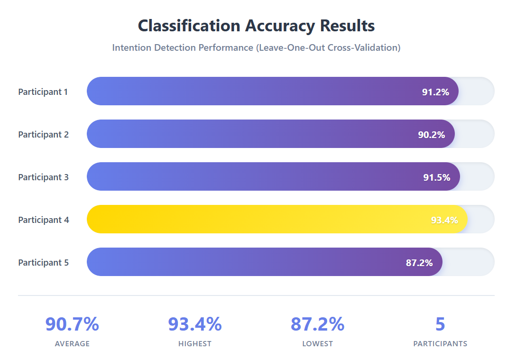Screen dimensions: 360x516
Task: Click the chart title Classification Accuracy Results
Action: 256,26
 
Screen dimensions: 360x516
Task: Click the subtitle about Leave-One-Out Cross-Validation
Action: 256,48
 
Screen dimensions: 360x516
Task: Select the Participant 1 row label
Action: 43,92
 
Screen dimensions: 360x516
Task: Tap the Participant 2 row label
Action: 44,134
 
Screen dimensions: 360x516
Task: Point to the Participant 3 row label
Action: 44,177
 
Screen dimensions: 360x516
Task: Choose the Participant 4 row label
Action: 44,220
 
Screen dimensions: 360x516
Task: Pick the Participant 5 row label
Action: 44,262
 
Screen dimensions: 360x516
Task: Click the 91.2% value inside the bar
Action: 435,92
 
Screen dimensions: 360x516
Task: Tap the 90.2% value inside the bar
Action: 431,135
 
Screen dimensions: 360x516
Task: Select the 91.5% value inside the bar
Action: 436,177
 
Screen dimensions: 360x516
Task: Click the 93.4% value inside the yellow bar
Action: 444,220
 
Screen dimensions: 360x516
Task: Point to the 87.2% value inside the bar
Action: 419,263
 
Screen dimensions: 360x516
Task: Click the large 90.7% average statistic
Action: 72,324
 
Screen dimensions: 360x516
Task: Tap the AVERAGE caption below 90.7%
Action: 72,343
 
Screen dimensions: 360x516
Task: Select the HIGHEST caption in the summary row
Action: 195,343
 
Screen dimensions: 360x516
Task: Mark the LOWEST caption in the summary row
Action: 317,343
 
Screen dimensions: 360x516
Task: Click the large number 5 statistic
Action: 440,324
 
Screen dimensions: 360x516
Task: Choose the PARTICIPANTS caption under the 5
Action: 440,343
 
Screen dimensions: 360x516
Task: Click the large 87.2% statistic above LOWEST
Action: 317,324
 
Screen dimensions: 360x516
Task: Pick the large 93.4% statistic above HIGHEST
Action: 195,324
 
